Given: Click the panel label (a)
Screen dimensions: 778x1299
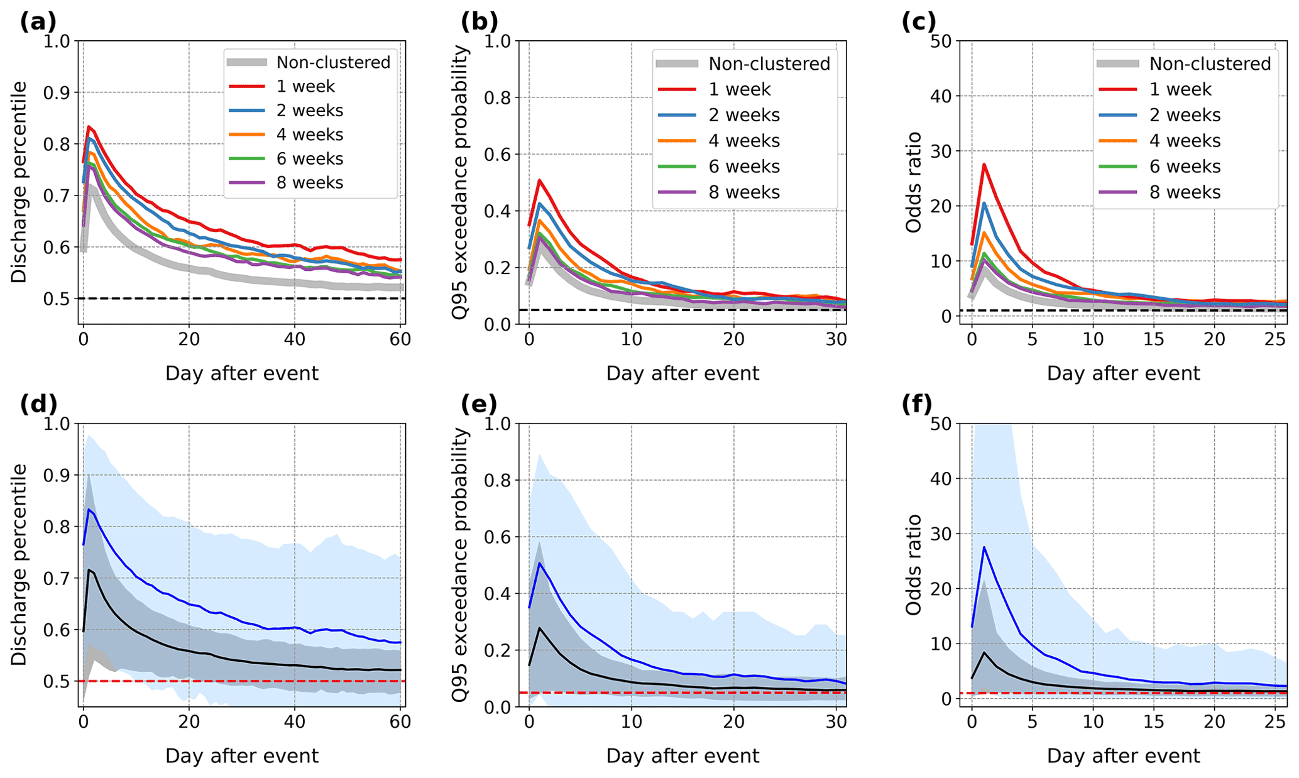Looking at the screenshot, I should click(x=38, y=22).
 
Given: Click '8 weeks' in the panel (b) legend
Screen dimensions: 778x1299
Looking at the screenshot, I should click(x=744, y=192).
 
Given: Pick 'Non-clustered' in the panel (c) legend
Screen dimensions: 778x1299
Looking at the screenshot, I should click(x=1210, y=63).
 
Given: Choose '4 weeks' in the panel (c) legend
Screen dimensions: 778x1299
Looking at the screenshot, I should click(x=1185, y=141).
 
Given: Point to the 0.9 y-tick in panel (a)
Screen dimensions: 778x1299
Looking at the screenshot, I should click(x=57, y=93).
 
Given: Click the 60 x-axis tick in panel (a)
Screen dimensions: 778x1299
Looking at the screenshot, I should click(x=400, y=340).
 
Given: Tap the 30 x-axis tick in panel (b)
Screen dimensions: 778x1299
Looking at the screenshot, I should click(x=836, y=340).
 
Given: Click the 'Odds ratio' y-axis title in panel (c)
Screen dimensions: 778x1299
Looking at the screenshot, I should click(x=914, y=182).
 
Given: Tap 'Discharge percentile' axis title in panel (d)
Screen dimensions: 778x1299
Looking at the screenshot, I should click(x=19, y=564).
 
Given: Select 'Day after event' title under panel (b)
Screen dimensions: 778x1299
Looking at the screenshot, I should click(x=682, y=373).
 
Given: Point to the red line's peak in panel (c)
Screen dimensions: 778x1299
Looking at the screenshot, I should click(x=984, y=165).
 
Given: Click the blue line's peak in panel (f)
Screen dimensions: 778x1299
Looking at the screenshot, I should click(x=984, y=547).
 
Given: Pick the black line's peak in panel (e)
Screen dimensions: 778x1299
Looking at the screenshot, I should click(x=539, y=628).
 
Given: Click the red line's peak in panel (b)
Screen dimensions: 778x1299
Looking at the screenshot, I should click(x=539, y=180).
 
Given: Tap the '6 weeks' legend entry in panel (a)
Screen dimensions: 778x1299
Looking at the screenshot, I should click(x=310, y=158).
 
